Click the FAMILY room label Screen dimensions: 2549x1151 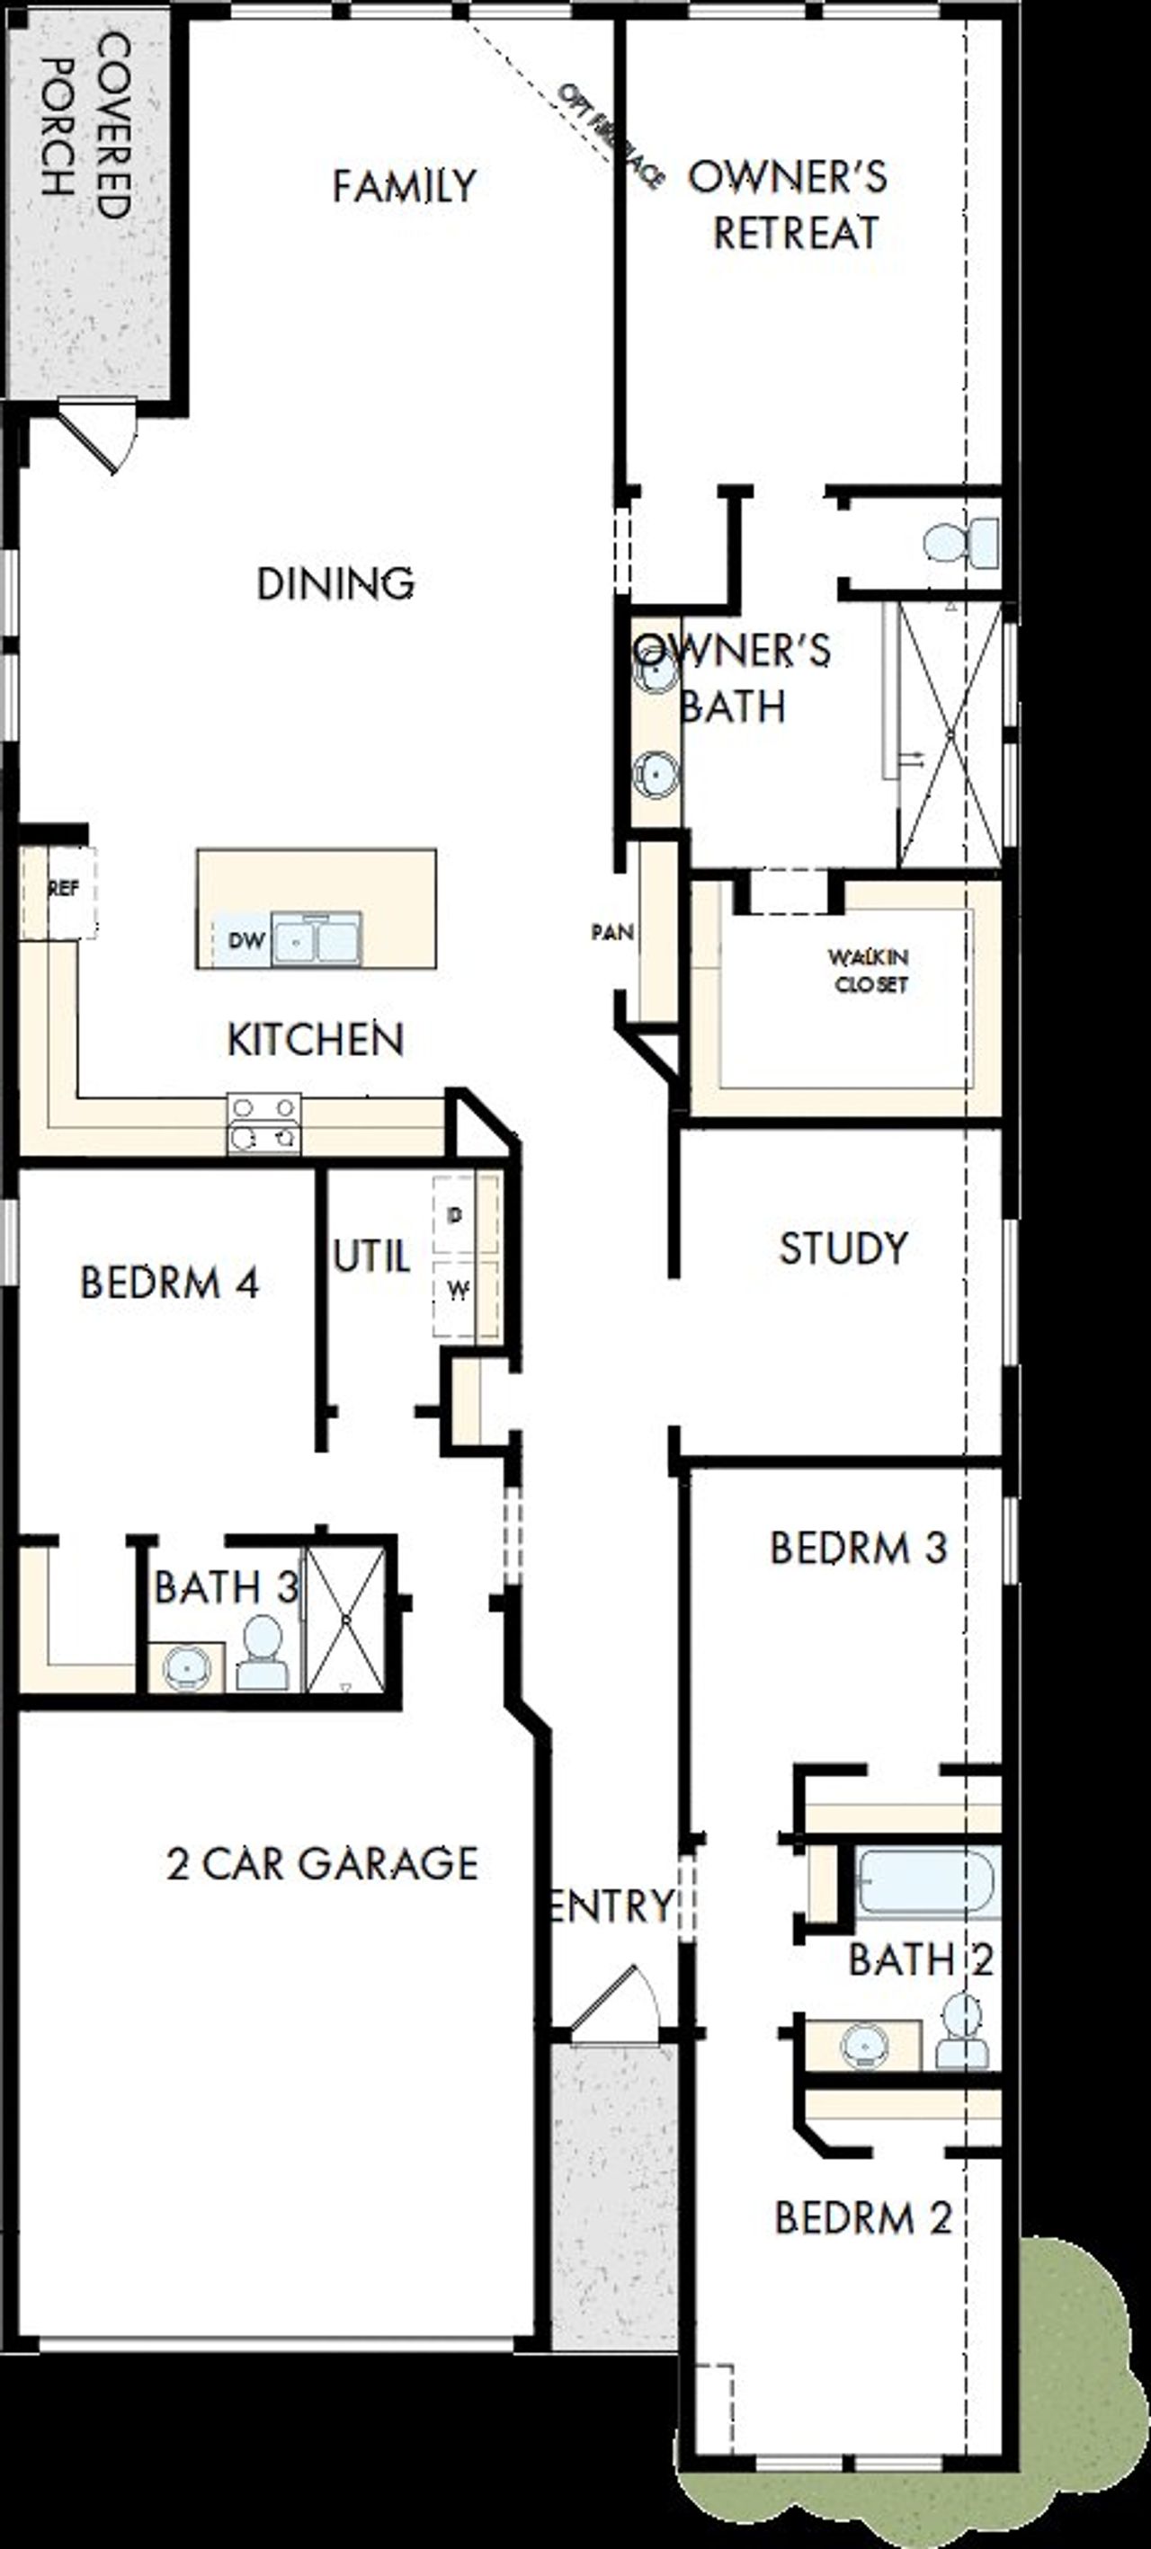click(404, 186)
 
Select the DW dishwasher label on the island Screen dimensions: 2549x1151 click(246, 939)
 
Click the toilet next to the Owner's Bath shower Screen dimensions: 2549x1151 click(960, 542)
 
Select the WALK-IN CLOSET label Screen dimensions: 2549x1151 click(869, 971)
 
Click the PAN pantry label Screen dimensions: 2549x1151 click(611, 932)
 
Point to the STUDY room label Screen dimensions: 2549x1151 click(843, 1248)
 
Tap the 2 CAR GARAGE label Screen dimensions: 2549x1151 click(323, 1863)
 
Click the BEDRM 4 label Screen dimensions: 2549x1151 click(169, 1283)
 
